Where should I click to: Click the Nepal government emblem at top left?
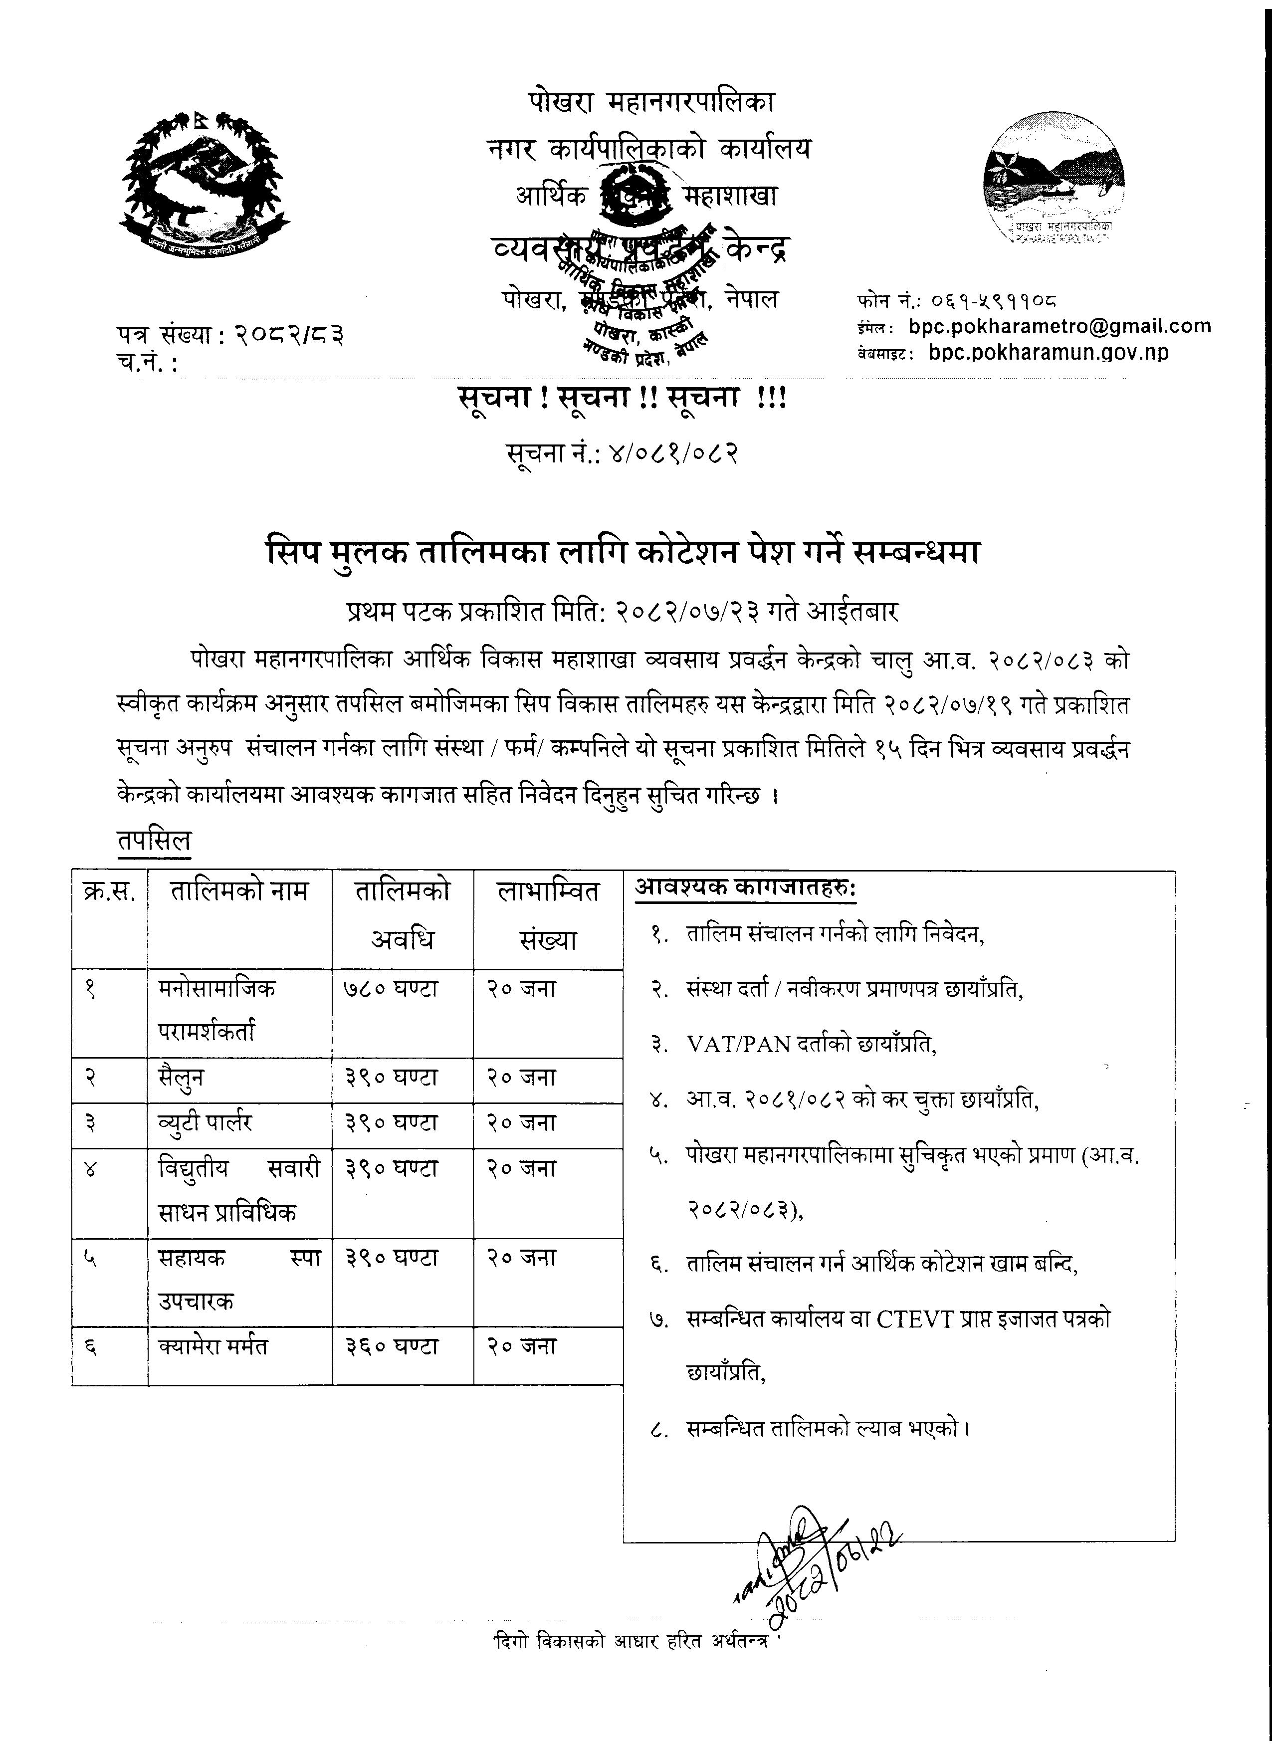(205, 184)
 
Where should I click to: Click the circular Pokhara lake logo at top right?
(1053, 183)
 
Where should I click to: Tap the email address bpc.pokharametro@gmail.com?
(1059, 326)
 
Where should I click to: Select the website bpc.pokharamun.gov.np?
(1049, 353)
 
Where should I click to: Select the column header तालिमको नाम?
(239, 892)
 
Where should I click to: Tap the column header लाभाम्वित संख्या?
(548, 915)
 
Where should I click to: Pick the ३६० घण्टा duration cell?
(391, 1346)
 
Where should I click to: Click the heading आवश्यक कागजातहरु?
(745, 888)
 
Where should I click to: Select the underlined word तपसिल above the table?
(154, 840)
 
